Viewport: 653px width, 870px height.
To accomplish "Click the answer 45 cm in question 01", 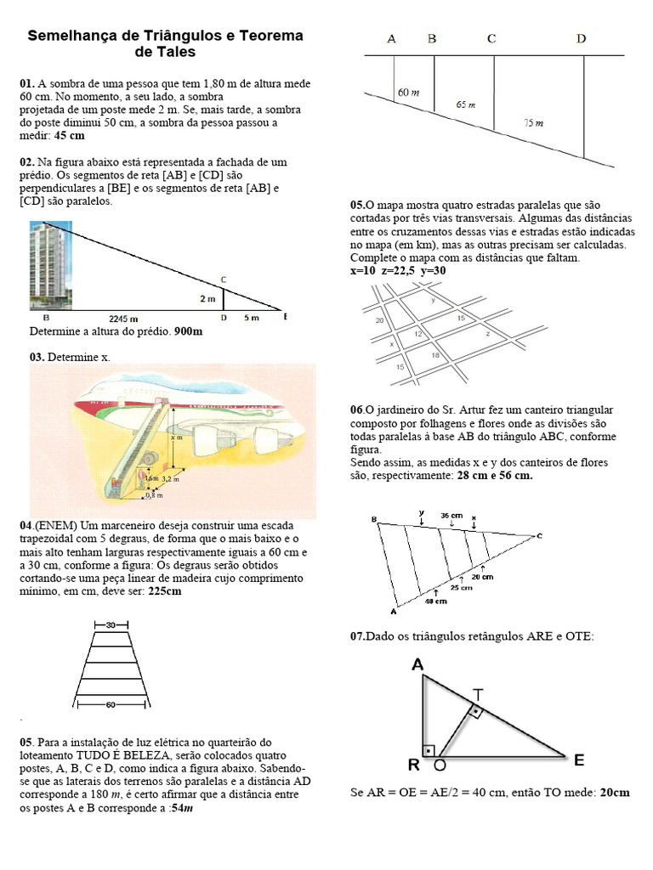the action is click(70, 136).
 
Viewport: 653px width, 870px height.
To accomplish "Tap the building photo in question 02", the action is click(50, 266).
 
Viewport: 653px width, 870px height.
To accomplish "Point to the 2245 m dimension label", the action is click(123, 319).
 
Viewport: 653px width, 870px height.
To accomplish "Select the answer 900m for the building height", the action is click(188, 332).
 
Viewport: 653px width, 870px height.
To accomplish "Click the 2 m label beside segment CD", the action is click(207, 299).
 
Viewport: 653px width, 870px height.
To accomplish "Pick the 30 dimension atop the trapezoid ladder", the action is click(111, 625).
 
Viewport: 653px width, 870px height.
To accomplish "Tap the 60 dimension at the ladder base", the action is click(111, 704).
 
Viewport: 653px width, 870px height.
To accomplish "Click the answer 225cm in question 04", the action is click(165, 591).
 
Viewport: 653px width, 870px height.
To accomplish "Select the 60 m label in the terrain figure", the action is click(408, 93).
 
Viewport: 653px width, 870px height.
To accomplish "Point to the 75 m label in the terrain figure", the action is click(534, 123).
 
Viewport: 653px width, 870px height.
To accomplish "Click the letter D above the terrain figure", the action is click(581, 39).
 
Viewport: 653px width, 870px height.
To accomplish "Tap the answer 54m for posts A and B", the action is click(182, 809).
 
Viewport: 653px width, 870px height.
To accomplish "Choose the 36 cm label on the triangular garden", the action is click(451, 516).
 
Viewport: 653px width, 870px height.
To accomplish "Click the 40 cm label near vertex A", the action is click(436, 601).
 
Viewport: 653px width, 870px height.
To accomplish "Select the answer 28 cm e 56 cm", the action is click(495, 476).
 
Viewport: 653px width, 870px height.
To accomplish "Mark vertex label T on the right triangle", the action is click(478, 694).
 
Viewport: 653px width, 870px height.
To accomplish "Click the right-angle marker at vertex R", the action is click(429, 751).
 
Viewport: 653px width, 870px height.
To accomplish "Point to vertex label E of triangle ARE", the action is click(578, 760).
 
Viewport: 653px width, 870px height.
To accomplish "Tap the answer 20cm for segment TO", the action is click(615, 793).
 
